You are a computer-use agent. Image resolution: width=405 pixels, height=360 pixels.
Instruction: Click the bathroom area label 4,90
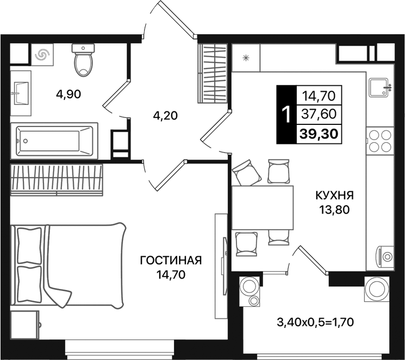pyautogui.click(x=68, y=94)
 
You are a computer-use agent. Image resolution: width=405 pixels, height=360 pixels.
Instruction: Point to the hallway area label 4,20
pyautogui.click(x=165, y=115)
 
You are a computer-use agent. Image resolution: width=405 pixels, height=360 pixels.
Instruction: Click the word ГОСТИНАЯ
pyautogui.click(x=171, y=261)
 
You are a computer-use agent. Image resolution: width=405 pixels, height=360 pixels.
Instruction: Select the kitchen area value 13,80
pyautogui.click(x=335, y=209)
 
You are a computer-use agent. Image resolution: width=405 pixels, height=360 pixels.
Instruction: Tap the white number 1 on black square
pyautogui.click(x=284, y=115)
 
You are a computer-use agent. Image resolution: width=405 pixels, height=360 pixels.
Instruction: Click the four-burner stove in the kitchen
pyautogui.click(x=379, y=141)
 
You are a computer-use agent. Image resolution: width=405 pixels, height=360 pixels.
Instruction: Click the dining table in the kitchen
pyautogui.click(x=262, y=208)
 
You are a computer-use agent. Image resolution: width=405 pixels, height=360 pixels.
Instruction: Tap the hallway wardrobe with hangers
pyautogui.click(x=212, y=73)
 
